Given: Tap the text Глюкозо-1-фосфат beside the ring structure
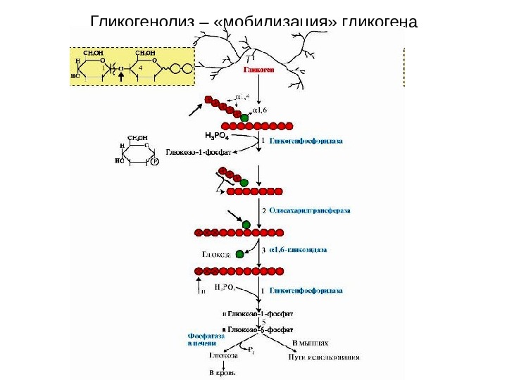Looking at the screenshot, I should click(x=194, y=151).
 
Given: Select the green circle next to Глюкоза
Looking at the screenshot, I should click(x=240, y=253).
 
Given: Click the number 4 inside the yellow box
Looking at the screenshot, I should click(x=141, y=67).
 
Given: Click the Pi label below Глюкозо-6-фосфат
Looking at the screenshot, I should click(x=252, y=348).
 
